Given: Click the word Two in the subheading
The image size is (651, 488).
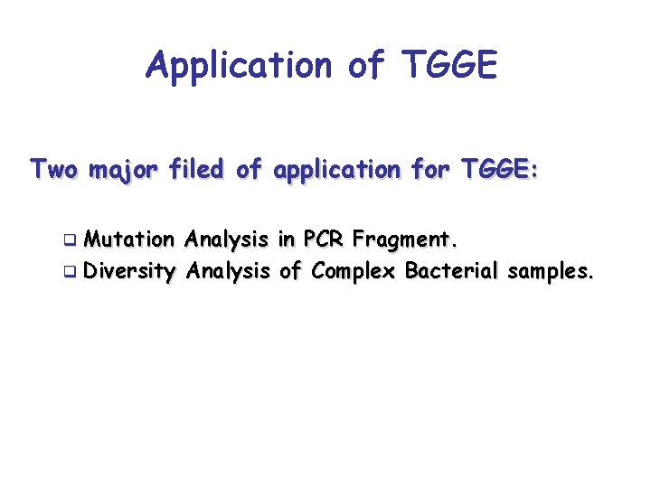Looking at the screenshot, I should click(54, 169).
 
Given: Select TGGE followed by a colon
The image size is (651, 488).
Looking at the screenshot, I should click(499, 169).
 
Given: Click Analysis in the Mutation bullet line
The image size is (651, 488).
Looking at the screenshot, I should click(226, 239).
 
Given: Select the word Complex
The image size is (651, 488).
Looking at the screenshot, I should click(354, 269).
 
